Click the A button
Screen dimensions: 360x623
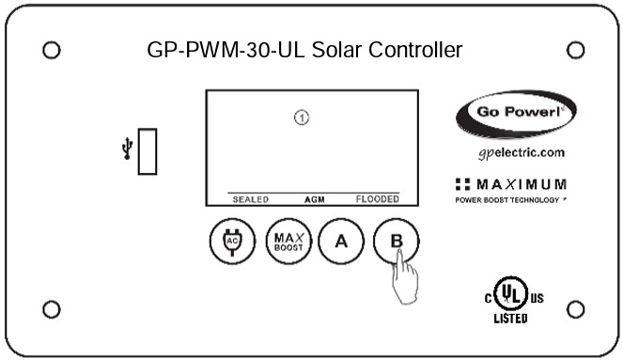pyautogui.click(x=341, y=240)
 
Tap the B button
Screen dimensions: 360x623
pyautogui.click(x=396, y=241)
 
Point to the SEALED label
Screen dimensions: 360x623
pyautogui.click(x=251, y=199)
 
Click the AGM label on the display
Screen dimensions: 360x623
pyautogui.click(x=314, y=199)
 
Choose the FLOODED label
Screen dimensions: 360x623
pyautogui.click(x=376, y=199)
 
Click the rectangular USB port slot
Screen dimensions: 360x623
pyautogui.click(x=148, y=151)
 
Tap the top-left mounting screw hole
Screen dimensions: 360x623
pyautogui.click(x=53, y=50)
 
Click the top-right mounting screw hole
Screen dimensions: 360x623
pyautogui.click(x=575, y=50)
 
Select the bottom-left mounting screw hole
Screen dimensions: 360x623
pyautogui.click(x=53, y=308)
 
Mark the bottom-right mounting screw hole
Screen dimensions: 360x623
pyautogui.click(x=575, y=308)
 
